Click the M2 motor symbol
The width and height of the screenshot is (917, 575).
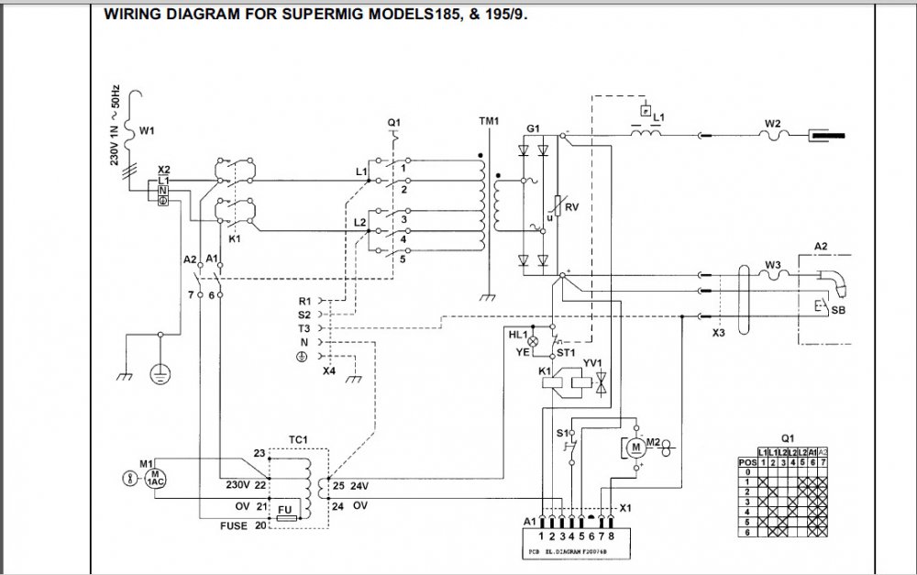coord(635,446)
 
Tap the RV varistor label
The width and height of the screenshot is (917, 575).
coord(571,207)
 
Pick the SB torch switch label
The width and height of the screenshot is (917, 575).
coord(837,312)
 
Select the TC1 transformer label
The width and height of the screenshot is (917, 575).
coord(298,438)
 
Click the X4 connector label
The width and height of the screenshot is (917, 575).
coord(328,371)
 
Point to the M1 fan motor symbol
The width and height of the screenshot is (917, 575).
coord(153,478)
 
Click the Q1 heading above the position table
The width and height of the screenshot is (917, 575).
coord(787,438)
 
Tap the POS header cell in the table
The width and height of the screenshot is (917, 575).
coord(747,462)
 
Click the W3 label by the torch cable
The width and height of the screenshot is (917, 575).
coord(772,266)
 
